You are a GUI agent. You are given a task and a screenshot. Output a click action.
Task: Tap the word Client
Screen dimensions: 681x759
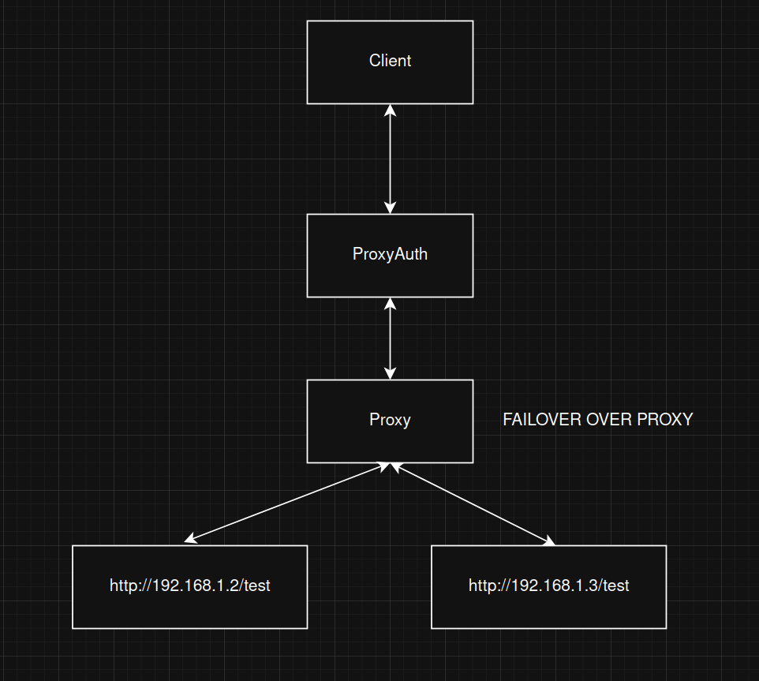point(390,61)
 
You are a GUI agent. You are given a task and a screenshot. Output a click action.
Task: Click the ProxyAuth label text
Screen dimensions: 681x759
point(390,254)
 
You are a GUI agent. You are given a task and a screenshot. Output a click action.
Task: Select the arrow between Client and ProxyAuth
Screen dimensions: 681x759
point(390,158)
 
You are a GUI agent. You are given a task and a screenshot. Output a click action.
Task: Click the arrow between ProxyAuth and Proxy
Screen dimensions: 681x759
point(390,338)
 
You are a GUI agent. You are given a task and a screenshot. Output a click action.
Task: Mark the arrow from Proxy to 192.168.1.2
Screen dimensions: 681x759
point(288,502)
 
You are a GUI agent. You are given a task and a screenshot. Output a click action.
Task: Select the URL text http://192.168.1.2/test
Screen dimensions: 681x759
point(189,586)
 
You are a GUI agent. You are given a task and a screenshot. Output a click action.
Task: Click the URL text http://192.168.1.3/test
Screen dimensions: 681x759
point(548,586)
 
